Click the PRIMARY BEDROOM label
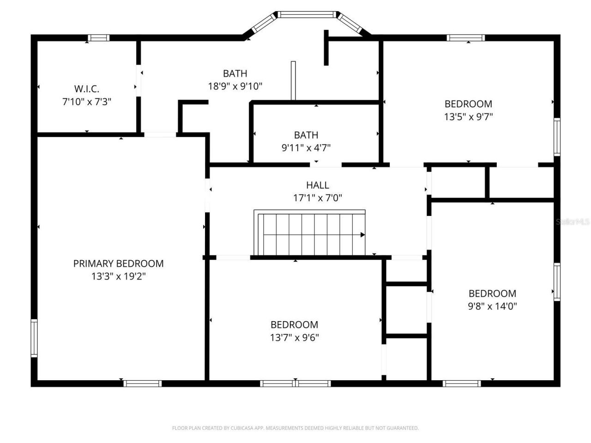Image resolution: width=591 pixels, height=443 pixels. pyautogui.click(x=118, y=263)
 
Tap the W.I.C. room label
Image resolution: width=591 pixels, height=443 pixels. pyautogui.click(x=87, y=89)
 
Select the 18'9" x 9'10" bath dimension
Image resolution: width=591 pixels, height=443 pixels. pyautogui.click(x=235, y=86)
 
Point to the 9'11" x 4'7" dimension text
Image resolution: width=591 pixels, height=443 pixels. pyautogui.click(x=306, y=148)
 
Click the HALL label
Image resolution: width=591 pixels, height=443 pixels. pyautogui.click(x=318, y=185)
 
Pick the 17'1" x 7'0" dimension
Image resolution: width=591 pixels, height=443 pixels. pyautogui.click(x=318, y=198)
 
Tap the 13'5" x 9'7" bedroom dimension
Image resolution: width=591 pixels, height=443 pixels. pyautogui.click(x=468, y=117)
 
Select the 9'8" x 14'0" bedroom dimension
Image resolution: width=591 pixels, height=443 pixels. pyautogui.click(x=492, y=306)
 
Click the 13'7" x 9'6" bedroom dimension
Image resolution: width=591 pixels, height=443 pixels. pyautogui.click(x=294, y=337)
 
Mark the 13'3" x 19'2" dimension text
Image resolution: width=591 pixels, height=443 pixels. pyautogui.click(x=118, y=276)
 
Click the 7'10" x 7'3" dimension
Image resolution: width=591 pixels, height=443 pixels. pyautogui.click(x=87, y=102)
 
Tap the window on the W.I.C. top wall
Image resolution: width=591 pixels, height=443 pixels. pyautogui.click(x=99, y=38)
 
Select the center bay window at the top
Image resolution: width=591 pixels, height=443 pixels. pyautogui.click(x=307, y=15)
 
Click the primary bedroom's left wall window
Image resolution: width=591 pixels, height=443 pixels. pyautogui.click(x=34, y=338)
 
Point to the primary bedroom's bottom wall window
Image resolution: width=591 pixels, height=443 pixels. pyautogui.click(x=143, y=383)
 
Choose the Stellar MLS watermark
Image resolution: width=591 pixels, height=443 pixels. pyautogui.click(x=573, y=222)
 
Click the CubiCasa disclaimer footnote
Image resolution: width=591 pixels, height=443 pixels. pyautogui.click(x=295, y=428)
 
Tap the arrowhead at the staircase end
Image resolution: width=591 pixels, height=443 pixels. pyautogui.click(x=362, y=235)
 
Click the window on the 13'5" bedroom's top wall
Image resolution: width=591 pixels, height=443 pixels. pyautogui.click(x=465, y=38)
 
